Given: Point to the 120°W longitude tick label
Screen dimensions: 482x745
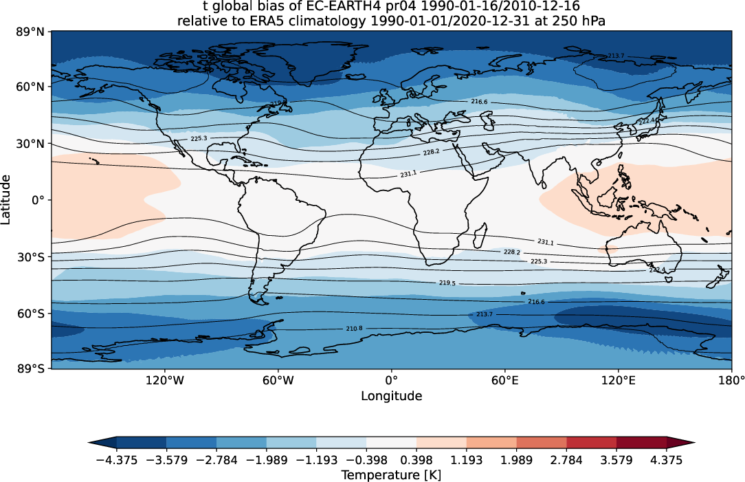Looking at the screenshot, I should pyautogui.click(x=165, y=380).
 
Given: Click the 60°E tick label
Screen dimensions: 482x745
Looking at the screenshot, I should pyautogui.click(x=504, y=380).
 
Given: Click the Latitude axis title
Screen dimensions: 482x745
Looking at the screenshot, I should pyautogui.click(x=6, y=199).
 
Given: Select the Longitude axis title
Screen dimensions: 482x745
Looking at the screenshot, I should pyautogui.click(x=391, y=396).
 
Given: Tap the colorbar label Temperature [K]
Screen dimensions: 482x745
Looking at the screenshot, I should pyautogui.click(x=391, y=475).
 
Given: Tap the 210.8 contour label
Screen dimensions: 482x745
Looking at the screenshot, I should pyautogui.click(x=354, y=329).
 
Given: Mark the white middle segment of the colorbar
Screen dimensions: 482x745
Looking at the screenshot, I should pyautogui.click(x=391, y=443).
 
